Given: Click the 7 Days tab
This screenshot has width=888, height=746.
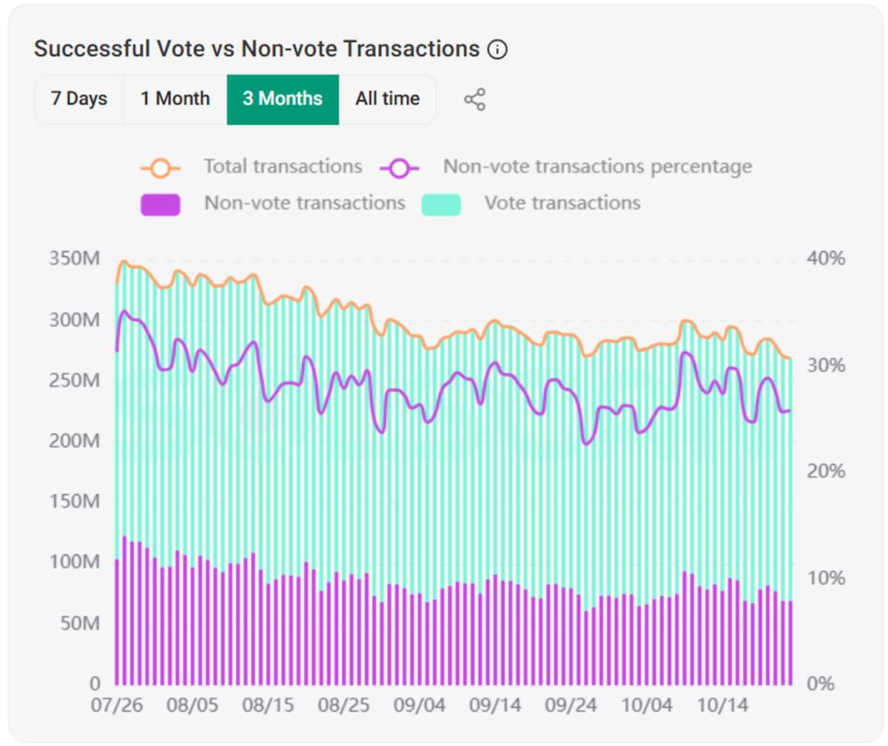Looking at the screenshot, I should (x=78, y=99).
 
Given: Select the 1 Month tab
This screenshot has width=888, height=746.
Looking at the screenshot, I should (x=175, y=99).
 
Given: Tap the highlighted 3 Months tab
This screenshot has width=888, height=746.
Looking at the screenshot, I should (x=283, y=99).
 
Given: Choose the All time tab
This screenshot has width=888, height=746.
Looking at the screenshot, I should (x=387, y=99).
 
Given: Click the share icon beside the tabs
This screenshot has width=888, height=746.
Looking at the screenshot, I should (x=474, y=100).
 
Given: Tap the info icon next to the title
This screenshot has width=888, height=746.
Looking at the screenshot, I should (x=497, y=50).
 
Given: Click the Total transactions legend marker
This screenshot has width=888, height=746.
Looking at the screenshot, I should (x=160, y=168).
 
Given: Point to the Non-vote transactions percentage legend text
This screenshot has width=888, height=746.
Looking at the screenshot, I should (x=597, y=167).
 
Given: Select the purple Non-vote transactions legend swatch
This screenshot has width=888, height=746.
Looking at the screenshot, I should (x=160, y=204).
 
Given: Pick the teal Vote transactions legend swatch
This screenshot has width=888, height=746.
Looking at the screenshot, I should (x=441, y=204).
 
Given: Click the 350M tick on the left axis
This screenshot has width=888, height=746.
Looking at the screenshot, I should (x=74, y=259).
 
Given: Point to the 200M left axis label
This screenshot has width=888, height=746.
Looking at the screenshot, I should (x=74, y=441).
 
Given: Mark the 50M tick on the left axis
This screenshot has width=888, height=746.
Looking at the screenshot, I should (x=79, y=623).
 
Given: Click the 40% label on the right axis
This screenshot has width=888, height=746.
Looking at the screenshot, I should (x=826, y=259).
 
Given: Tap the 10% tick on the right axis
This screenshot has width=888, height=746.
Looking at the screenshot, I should (x=826, y=578).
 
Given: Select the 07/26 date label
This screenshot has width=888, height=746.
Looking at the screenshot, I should (x=117, y=705).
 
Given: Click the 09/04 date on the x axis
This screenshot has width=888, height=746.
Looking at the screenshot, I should (x=420, y=705).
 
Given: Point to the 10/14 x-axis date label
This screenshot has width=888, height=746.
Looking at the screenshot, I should (x=722, y=705).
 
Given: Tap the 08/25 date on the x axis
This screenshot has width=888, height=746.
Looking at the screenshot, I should (x=343, y=705).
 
